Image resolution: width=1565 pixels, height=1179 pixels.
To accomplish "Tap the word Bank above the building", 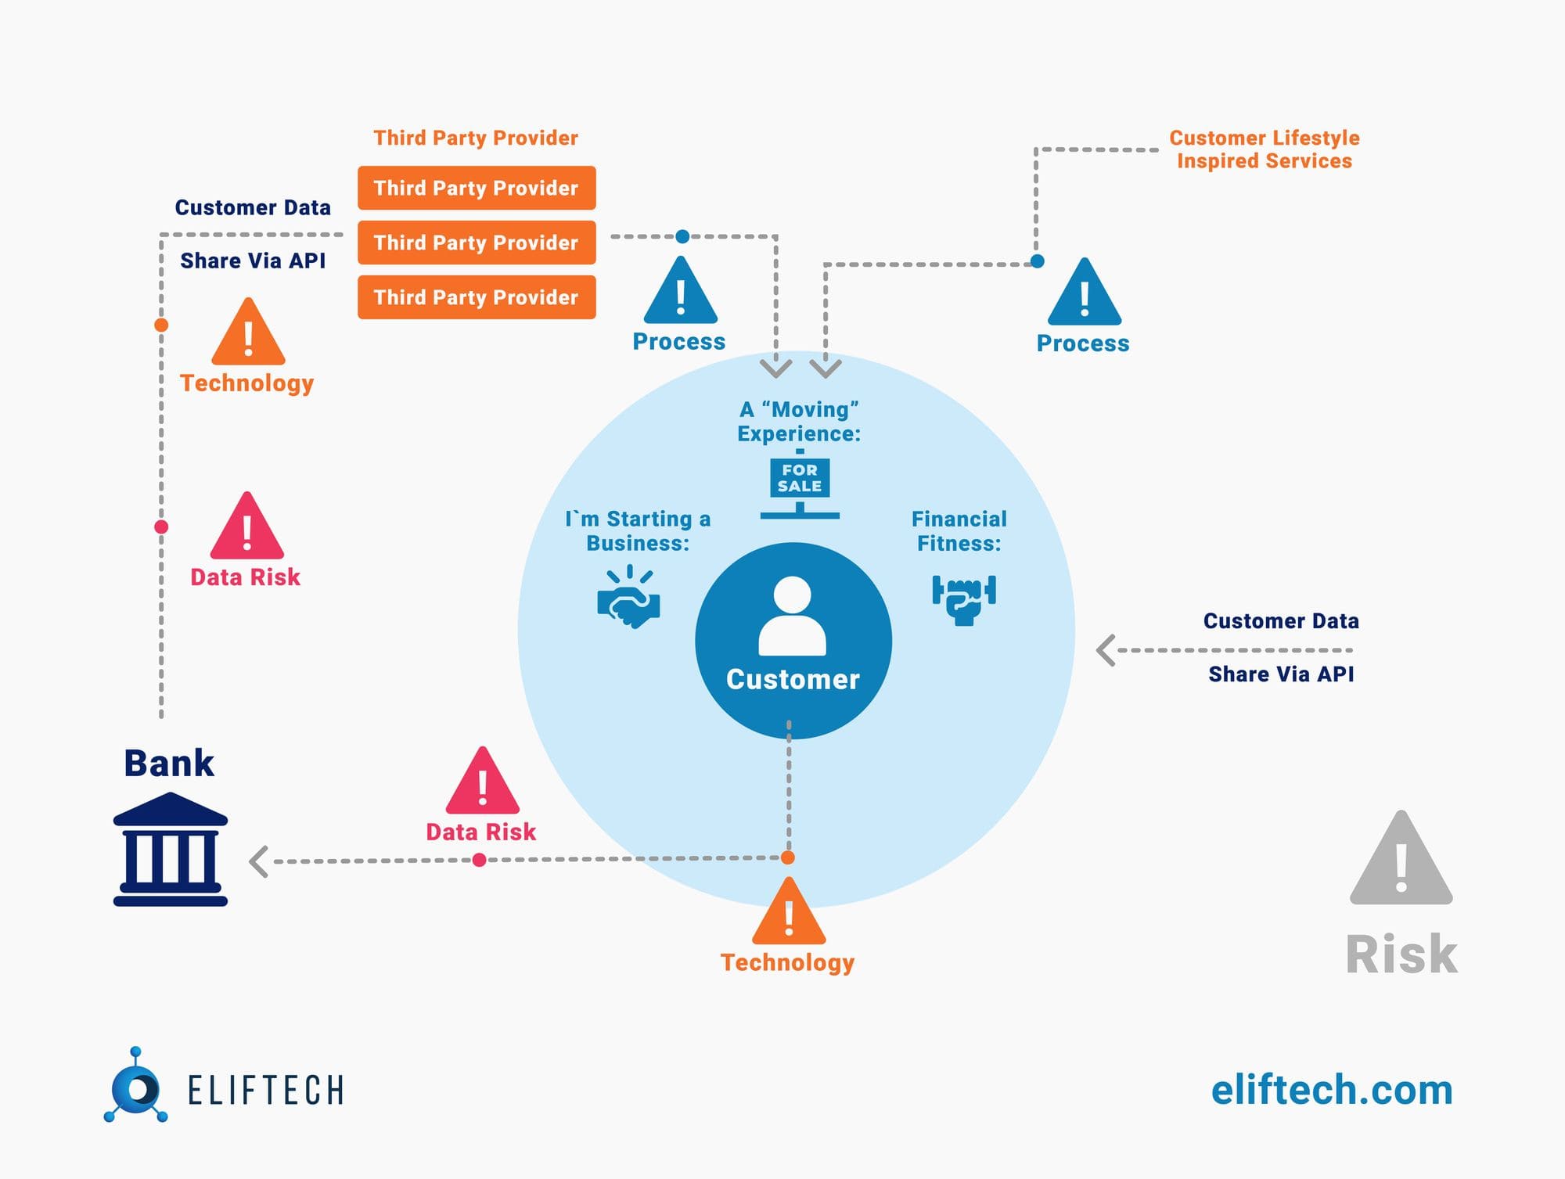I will click(x=169, y=764).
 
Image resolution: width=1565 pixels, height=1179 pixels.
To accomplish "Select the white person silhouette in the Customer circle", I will click(x=792, y=616).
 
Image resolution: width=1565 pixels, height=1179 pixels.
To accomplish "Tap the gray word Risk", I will click(x=1401, y=954).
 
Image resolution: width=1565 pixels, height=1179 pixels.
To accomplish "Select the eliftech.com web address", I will click(x=1332, y=1090).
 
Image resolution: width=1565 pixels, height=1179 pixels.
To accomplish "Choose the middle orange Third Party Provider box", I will click(x=477, y=243).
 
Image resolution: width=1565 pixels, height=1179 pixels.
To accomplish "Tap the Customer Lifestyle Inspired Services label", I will click(x=1265, y=149).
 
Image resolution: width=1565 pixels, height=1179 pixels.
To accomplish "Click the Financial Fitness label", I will click(x=959, y=531).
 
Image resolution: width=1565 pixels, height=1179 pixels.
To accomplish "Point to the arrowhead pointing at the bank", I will click(x=259, y=861).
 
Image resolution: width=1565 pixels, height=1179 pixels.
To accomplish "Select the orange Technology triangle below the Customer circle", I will click(x=789, y=914).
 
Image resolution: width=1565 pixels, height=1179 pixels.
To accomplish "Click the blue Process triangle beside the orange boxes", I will click(x=680, y=293).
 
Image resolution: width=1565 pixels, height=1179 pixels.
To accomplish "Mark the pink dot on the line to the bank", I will click(x=480, y=861).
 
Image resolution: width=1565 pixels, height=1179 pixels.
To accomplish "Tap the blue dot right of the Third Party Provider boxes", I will click(x=682, y=236).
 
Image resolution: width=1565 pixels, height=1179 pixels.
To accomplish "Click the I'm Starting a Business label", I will click(x=638, y=531).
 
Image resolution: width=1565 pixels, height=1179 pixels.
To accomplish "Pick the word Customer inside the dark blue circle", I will click(x=793, y=679).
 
